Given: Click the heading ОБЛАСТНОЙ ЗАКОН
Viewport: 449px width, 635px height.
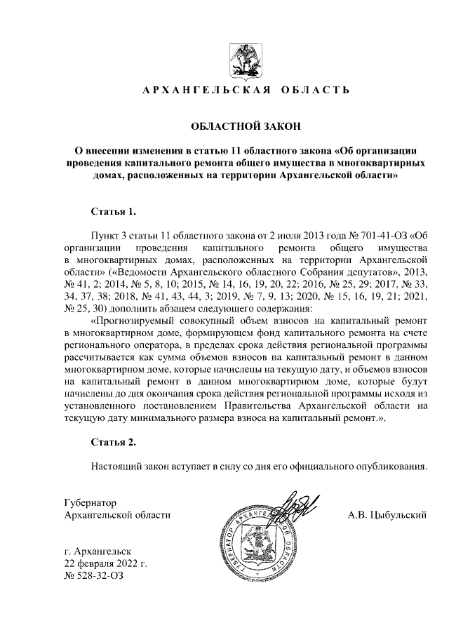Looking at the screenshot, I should click(246, 126).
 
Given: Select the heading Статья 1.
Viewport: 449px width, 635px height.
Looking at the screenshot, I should click(114, 210).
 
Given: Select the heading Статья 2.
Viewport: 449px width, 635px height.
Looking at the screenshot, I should click(114, 442).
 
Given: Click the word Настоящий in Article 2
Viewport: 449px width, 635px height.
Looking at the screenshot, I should click(115, 466).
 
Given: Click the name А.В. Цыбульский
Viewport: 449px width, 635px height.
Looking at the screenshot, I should click(388, 516).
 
